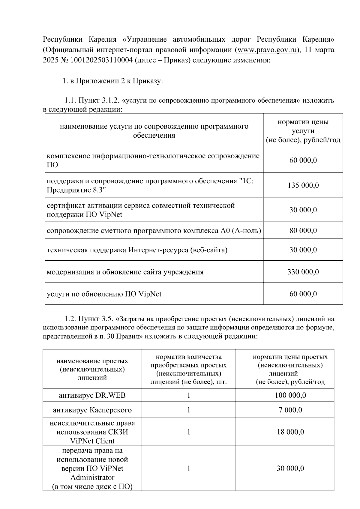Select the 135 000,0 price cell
(303, 185)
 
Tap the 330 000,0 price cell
(303, 272)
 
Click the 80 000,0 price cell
(303, 231)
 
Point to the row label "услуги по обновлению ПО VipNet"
(104, 294)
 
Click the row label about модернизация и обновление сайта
(125, 272)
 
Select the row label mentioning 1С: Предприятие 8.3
(151, 185)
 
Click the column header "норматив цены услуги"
(303, 131)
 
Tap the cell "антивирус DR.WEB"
(92, 395)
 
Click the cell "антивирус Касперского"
(92, 410)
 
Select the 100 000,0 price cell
(290, 395)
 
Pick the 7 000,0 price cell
(290, 410)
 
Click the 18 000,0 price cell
(290, 432)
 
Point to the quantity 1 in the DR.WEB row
(189, 395)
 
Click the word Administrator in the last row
(92, 477)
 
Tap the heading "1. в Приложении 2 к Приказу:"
(113, 81)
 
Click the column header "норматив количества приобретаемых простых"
(189, 361)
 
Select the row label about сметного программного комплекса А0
(154, 231)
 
